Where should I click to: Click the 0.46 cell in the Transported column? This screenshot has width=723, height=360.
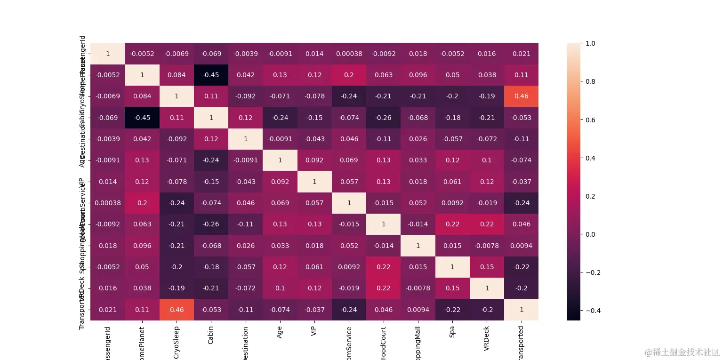[x=521, y=96]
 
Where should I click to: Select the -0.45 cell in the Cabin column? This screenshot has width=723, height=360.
[x=211, y=75]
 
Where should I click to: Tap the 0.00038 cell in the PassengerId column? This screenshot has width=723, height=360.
[x=108, y=203]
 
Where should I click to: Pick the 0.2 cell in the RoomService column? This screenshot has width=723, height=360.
[x=349, y=75]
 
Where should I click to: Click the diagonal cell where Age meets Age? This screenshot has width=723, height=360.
[x=280, y=160]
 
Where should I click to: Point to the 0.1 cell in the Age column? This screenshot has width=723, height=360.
[x=280, y=288]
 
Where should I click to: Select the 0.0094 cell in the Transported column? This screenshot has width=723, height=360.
[x=521, y=245]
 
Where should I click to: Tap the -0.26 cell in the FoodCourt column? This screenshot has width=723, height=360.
[x=383, y=118]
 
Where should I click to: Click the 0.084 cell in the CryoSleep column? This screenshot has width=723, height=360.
[x=177, y=75]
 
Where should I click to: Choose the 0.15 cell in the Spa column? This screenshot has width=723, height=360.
[x=452, y=288]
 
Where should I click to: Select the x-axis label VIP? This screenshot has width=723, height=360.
[x=314, y=331]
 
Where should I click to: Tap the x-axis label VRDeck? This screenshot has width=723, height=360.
[x=487, y=337]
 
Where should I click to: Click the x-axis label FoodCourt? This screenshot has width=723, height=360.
[x=383, y=343]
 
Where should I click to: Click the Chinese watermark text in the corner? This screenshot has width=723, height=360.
[x=682, y=352]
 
